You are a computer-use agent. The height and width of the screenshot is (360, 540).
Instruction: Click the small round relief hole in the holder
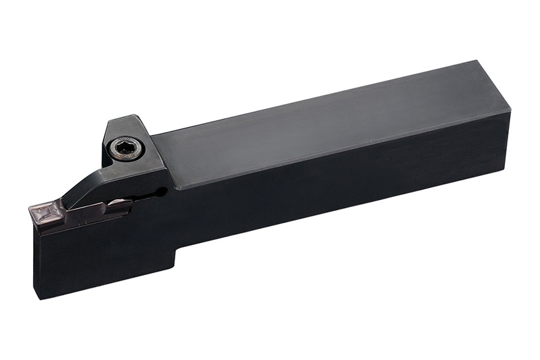(163, 190)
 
